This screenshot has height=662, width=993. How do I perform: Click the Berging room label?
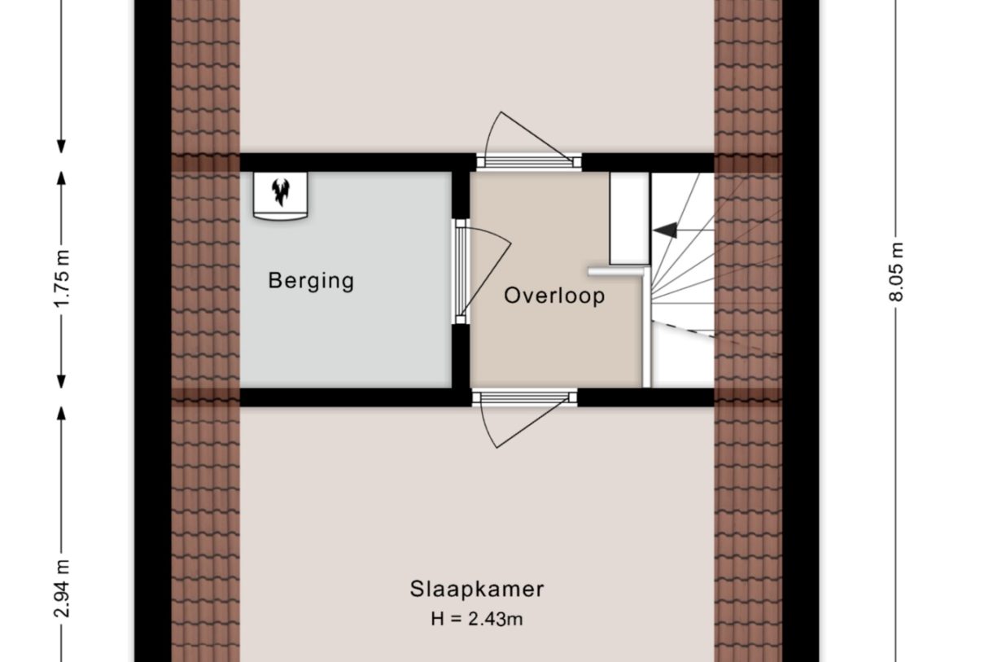311,281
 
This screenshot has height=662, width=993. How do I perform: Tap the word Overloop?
554,296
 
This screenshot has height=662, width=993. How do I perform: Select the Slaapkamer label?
476,590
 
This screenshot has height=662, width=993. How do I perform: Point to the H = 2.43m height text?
476,619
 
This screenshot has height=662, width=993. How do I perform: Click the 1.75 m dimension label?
62,278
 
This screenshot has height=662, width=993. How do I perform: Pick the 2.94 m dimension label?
62,589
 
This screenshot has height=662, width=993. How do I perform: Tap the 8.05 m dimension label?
896,272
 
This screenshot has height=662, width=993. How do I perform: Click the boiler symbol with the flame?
280,195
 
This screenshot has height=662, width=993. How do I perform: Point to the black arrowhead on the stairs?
665,230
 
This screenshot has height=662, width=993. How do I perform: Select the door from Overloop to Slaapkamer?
524,419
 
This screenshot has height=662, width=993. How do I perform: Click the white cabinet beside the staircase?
629,218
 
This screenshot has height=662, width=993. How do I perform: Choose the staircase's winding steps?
683,279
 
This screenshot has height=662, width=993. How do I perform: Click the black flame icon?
281,191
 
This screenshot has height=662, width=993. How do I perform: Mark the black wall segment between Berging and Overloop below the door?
461,356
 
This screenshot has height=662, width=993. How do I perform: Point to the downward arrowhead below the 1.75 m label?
62,382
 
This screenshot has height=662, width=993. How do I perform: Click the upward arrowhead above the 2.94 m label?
62,414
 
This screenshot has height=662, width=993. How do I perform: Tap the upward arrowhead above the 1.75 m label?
62,178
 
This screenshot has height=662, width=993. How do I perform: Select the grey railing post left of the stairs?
646,328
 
